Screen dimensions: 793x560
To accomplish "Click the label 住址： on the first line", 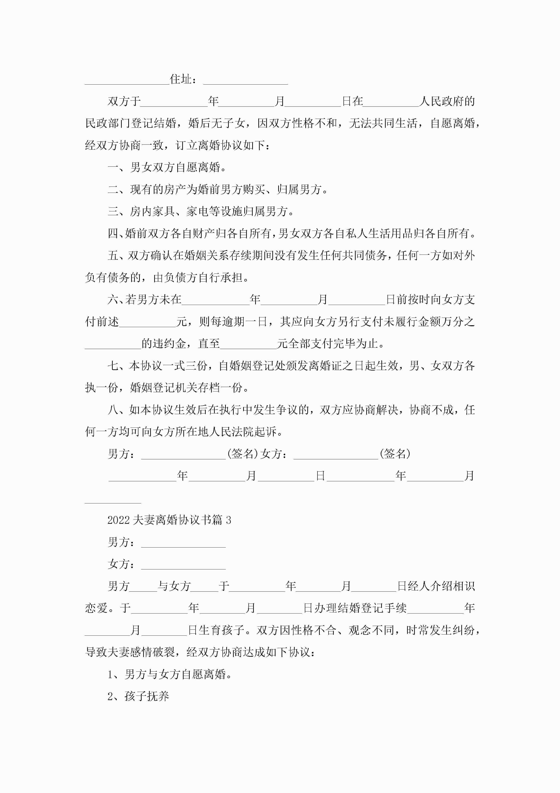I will point(184,79).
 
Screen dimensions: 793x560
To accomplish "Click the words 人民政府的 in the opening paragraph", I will point(447,101).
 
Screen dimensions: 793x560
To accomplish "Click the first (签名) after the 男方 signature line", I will point(243,454).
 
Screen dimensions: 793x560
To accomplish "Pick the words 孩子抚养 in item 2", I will point(147,696).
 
